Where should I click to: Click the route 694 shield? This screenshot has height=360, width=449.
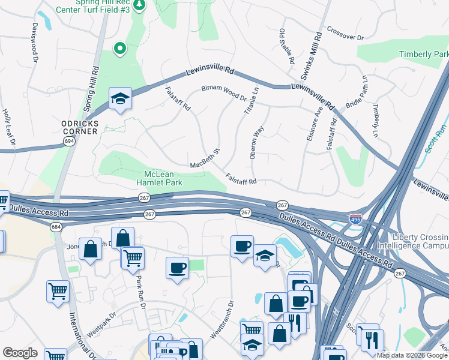(x=70, y=141)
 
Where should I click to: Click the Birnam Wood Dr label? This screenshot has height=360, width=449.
(x=224, y=92)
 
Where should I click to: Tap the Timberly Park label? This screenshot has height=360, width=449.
(x=424, y=55)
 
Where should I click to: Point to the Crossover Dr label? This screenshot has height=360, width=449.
(x=345, y=33)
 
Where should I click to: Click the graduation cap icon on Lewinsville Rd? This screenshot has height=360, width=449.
(x=120, y=98)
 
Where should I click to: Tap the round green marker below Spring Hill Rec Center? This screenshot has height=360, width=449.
(x=120, y=48)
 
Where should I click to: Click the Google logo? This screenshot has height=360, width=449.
(x=20, y=353)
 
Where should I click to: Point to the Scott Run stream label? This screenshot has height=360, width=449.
(x=436, y=138)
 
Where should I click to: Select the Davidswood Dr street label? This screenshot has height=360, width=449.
(x=34, y=43)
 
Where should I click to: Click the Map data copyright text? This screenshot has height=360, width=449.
(x=412, y=355)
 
